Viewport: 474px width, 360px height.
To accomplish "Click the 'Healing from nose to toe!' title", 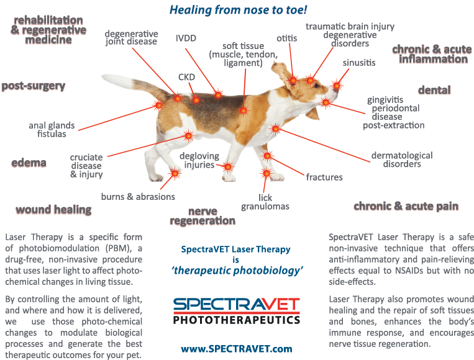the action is pyautogui.click(x=238, y=10).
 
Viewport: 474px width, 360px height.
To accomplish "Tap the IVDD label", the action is pyautogui.click(x=186, y=38).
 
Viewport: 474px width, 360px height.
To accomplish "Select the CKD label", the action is pyautogui.click(x=186, y=78).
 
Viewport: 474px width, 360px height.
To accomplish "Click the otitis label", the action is pyautogui.click(x=286, y=38).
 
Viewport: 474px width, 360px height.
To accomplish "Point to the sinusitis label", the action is pyautogui.click(x=359, y=63).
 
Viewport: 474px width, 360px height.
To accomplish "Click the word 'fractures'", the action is pyautogui.click(x=324, y=177).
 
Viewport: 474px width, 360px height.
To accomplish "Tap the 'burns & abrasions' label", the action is pyautogui.click(x=138, y=197).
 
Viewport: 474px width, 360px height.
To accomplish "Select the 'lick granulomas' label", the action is pyautogui.click(x=265, y=202).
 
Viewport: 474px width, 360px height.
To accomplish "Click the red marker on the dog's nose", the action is pyautogui.click(x=337, y=86).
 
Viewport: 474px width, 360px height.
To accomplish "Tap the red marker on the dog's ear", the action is pyautogui.click(x=293, y=80).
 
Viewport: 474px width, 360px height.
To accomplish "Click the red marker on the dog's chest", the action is pyautogui.click(x=275, y=129).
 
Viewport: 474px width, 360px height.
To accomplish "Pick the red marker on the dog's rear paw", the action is pyautogui.click(x=175, y=173).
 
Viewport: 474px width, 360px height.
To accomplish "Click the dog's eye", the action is pyautogui.click(x=316, y=86).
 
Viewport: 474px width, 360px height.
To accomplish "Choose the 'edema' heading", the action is pyautogui.click(x=29, y=163).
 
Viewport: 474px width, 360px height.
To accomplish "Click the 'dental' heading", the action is pyautogui.click(x=434, y=90).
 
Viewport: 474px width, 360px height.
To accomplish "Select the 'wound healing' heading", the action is pyautogui.click(x=53, y=210).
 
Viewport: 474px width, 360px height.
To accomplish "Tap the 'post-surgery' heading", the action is pyautogui.click(x=34, y=86).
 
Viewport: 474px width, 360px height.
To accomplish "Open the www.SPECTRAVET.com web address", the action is pyautogui.click(x=237, y=349).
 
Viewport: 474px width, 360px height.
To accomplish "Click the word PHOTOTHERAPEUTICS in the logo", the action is pyautogui.click(x=237, y=320).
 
